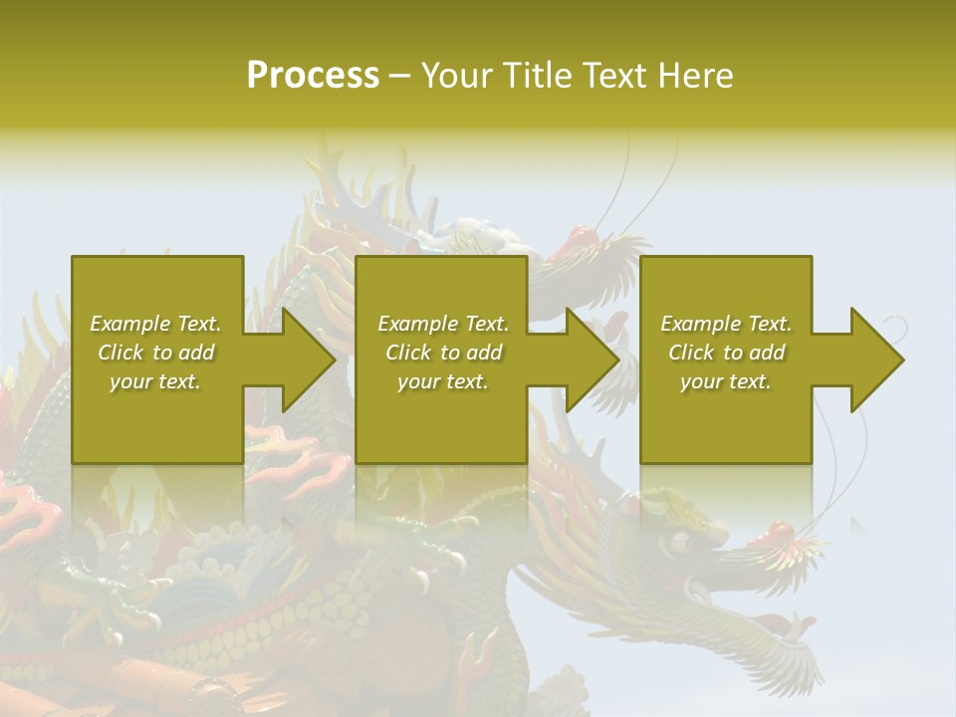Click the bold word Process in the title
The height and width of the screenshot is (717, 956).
coord(313,76)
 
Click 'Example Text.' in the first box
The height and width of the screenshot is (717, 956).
coord(155,324)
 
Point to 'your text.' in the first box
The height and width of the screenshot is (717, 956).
coord(155,381)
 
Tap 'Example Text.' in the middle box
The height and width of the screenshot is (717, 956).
coord(443,324)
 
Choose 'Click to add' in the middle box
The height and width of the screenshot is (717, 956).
coord(443,353)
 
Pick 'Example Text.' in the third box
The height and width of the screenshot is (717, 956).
coord(726,324)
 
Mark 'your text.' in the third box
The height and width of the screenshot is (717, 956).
coord(726,381)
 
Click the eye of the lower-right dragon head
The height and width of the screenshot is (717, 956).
coord(681,542)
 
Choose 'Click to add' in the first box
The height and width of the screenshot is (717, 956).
coord(155,353)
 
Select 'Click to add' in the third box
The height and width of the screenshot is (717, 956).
coord(726,353)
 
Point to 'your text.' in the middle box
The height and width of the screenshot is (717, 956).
coord(443,381)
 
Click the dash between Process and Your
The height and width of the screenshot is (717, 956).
coord(399,77)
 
